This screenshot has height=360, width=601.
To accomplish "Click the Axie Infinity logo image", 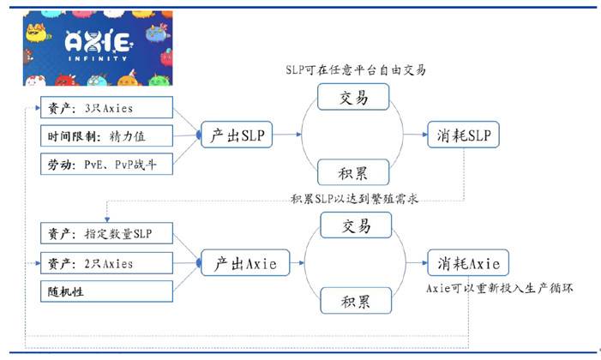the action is click(98, 48).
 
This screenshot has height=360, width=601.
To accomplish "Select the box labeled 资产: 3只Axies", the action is click(106, 107).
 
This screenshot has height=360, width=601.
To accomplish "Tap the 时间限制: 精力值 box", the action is click(106, 135).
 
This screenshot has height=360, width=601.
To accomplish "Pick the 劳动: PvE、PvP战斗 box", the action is click(106, 164).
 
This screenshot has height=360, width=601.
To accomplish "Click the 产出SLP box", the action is click(237, 135).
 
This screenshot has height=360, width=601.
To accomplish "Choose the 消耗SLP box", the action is click(464, 135).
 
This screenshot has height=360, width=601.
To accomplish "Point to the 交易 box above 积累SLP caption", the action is click(353, 97).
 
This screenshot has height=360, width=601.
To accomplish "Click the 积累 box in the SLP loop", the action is click(353, 172).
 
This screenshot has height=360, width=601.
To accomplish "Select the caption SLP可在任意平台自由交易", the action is click(356, 70).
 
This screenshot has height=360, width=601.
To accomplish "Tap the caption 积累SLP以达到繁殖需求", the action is click(354, 199).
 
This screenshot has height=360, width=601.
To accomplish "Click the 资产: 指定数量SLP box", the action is click(106, 233).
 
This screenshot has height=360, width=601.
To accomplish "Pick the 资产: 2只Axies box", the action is click(106, 263).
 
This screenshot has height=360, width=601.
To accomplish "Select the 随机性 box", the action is click(106, 291).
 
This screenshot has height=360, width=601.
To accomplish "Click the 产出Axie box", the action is click(245, 263).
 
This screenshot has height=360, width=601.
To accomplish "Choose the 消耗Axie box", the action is click(468, 263).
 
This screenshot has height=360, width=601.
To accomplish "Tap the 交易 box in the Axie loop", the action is click(356, 225).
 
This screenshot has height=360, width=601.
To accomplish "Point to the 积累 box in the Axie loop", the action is click(356, 301).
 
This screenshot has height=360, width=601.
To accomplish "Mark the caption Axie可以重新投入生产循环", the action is click(500, 288).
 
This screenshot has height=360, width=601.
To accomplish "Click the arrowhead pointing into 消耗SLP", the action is click(424, 135).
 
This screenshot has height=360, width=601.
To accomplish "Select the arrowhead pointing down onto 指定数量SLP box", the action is click(107, 219).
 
